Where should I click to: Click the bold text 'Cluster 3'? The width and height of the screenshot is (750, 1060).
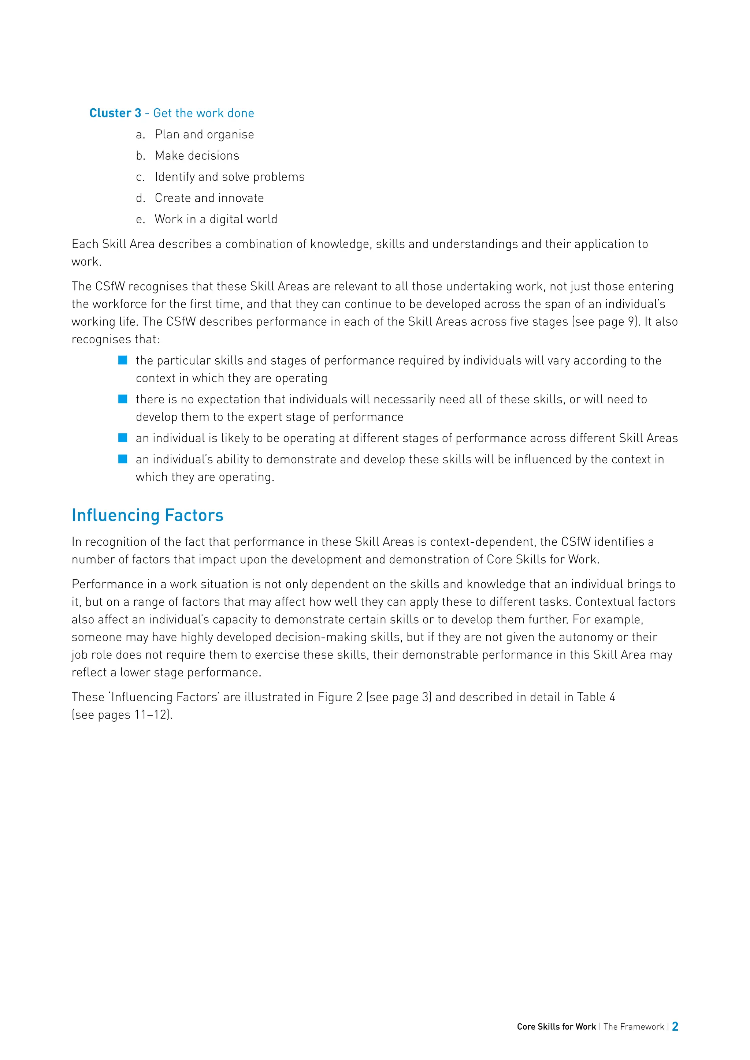115,113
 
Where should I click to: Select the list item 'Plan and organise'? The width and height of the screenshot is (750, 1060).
204,134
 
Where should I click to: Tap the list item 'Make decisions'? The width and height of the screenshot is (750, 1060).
197,156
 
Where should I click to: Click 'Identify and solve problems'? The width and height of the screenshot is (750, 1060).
230,177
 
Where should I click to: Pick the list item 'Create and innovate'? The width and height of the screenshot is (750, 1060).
209,198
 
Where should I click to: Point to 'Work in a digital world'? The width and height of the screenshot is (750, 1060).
216,219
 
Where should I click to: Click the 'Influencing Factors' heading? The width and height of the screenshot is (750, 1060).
147,515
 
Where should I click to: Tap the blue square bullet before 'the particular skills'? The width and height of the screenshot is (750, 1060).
123,360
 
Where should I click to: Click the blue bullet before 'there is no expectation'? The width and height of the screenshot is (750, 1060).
123,399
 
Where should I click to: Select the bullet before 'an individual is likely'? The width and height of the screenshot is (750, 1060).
123,438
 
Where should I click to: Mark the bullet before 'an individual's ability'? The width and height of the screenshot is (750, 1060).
123,459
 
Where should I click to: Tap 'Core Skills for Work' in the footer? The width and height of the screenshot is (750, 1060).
556,1027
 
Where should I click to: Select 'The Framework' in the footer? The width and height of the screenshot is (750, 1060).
633,1027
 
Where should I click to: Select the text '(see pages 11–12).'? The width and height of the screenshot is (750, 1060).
122,715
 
